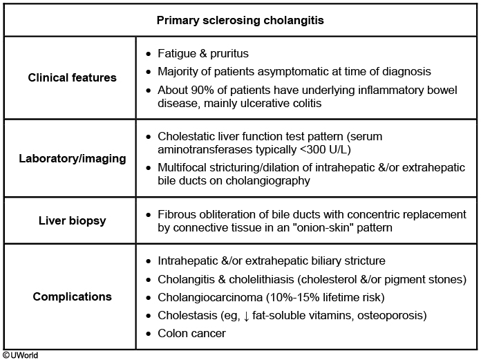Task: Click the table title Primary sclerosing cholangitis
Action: click(240, 20)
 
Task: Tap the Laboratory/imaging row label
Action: click(72, 158)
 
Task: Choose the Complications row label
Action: click(72, 297)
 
